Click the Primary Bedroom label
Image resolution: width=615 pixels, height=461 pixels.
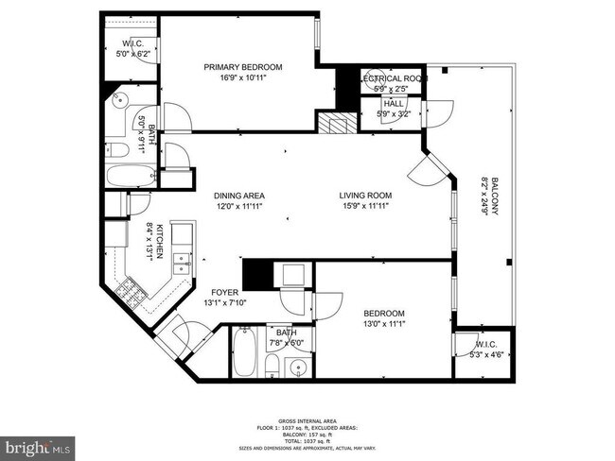(x=243, y=67)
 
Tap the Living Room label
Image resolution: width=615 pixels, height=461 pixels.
(x=365, y=196)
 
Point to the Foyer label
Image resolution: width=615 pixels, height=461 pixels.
(x=223, y=292)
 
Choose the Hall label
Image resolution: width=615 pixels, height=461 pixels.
(x=394, y=103)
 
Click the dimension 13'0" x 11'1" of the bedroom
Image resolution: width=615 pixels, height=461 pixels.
(x=384, y=324)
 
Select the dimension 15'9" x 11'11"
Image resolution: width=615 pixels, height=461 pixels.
(x=365, y=205)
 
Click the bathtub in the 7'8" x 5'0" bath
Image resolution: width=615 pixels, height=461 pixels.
(x=243, y=354)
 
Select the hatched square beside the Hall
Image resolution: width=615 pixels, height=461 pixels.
(x=333, y=124)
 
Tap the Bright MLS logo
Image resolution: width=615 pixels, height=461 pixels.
(x=38, y=444)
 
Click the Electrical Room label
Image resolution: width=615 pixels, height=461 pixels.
(x=390, y=79)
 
